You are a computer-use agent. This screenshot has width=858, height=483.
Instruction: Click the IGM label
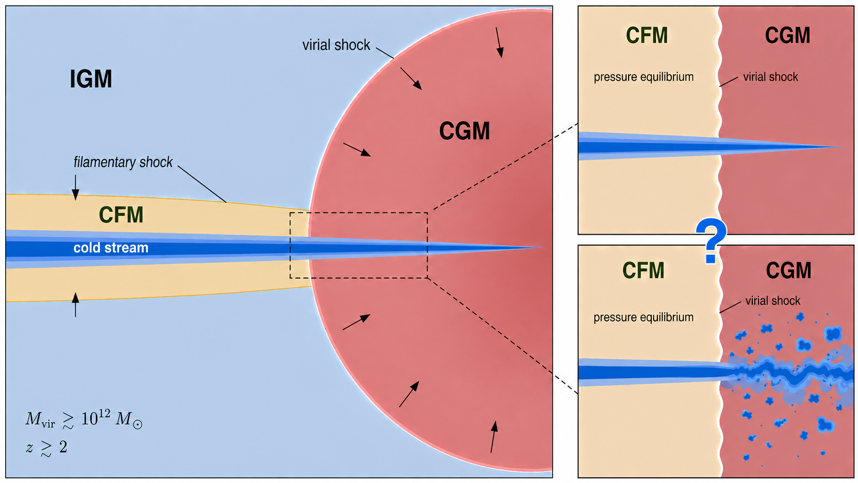pyautogui.click(x=91, y=79)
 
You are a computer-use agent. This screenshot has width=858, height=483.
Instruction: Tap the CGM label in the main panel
pyautogui.click(x=464, y=131)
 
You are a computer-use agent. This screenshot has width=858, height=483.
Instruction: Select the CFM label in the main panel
pyautogui.click(x=121, y=215)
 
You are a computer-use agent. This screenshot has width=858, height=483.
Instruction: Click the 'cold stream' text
pyautogui.click(x=111, y=248)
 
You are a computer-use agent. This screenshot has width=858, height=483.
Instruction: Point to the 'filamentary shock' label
pyautogui.click(x=123, y=162)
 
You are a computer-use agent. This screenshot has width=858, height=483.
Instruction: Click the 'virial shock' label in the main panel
pyautogui.click(x=336, y=45)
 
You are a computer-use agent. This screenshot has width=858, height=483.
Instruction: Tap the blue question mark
pyautogui.click(x=711, y=241)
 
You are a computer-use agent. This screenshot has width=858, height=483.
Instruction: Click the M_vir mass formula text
pyautogui.click(x=84, y=419)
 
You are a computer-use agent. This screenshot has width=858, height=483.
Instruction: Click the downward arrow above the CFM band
pyautogui.click(x=75, y=187)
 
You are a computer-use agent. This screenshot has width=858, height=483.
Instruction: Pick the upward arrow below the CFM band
pyautogui.click(x=75, y=304)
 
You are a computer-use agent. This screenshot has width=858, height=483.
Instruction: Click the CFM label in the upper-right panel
pyautogui.click(x=647, y=35)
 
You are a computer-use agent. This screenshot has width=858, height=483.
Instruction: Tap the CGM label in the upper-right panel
pyautogui.click(x=788, y=35)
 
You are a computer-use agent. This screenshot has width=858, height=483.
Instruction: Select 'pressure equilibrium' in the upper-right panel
pyautogui.click(x=643, y=77)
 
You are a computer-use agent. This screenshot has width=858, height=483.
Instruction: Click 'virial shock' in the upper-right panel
pyautogui.click(x=770, y=77)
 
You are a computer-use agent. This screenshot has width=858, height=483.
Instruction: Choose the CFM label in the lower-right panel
pyautogui.click(x=643, y=270)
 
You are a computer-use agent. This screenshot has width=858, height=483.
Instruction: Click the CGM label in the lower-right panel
pyautogui.click(x=788, y=271)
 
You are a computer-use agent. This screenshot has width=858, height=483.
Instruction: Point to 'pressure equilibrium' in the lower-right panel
pyautogui.click(x=643, y=317)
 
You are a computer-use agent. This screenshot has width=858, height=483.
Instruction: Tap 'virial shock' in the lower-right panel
pyautogui.click(x=773, y=301)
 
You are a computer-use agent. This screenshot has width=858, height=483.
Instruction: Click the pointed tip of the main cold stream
pyautogui.click(x=541, y=248)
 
